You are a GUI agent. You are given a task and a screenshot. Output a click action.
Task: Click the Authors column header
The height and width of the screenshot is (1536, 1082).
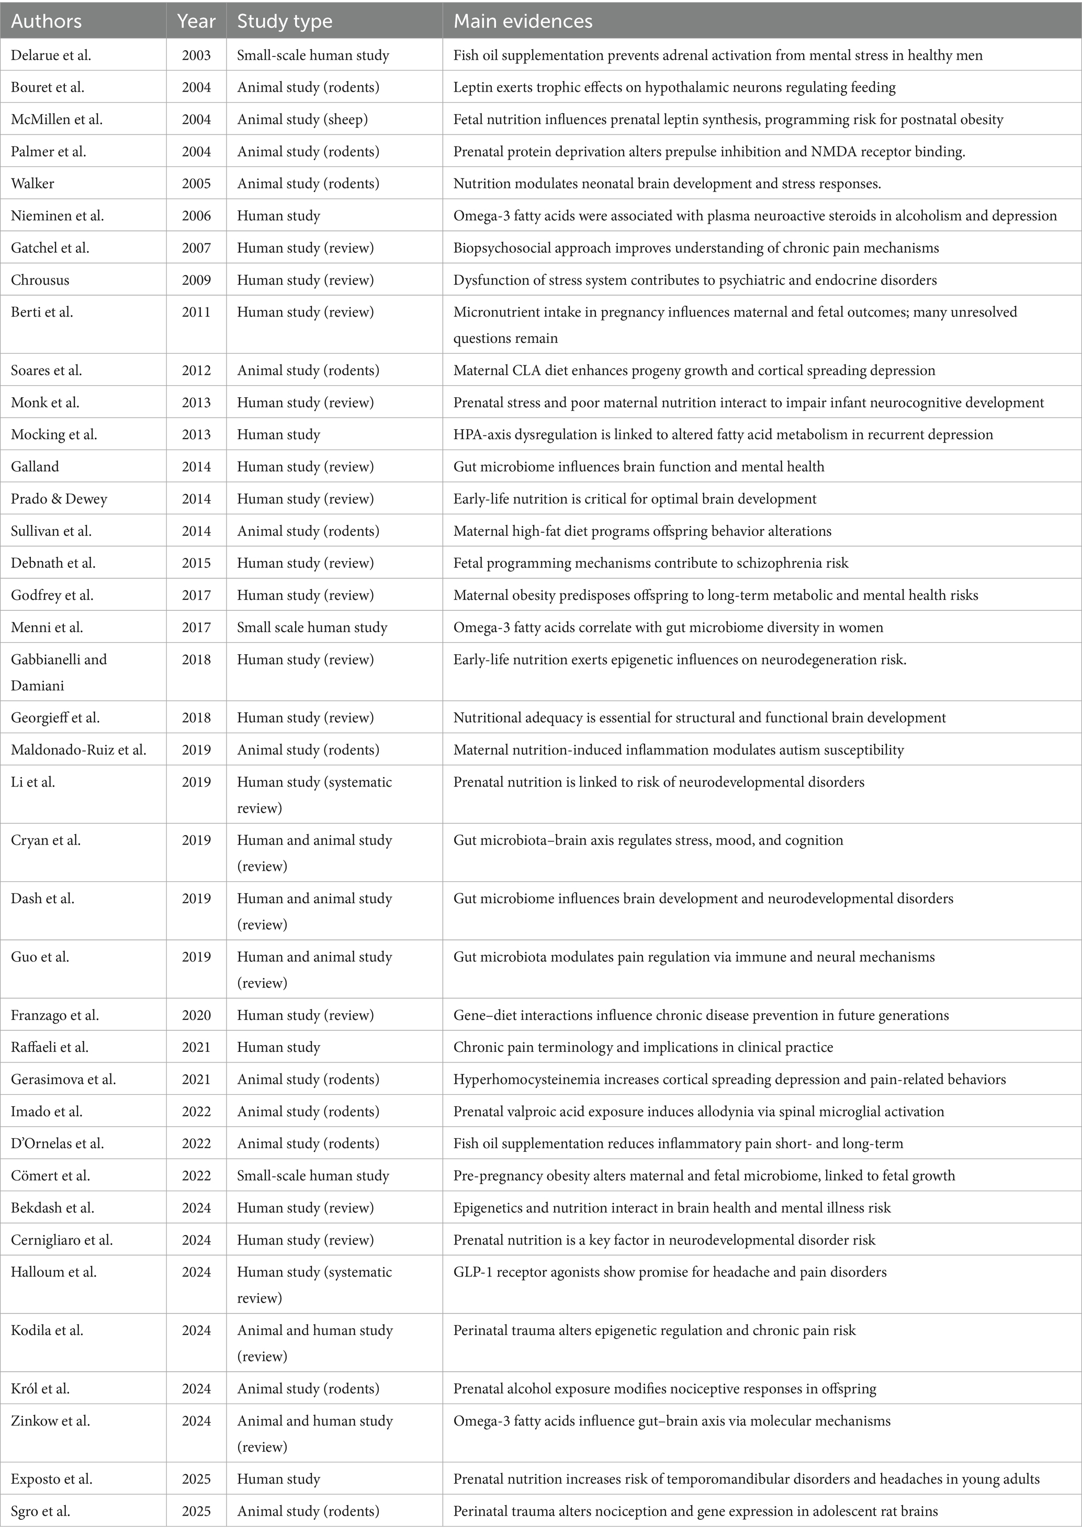coord(46,21)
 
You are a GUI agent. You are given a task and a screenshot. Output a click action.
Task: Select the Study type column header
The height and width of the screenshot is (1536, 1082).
coord(284,21)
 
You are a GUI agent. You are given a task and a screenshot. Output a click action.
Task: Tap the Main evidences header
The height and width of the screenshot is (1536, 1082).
coord(522,21)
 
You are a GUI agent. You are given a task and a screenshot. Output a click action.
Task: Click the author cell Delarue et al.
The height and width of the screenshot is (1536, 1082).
coord(51,55)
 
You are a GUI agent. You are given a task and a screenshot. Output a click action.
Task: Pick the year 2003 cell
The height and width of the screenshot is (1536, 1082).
coord(196,55)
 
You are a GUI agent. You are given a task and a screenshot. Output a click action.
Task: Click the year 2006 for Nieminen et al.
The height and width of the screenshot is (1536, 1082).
coord(196,216)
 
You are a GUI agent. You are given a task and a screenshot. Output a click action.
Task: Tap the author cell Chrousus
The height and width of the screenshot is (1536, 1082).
coord(40,279)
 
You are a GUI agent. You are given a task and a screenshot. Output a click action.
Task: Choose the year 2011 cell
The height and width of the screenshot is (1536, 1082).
coord(196,312)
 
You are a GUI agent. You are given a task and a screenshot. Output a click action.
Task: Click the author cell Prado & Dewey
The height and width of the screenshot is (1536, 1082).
coord(59,498)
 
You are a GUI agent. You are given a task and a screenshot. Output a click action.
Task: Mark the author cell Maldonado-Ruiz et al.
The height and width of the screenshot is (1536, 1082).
coord(78,749)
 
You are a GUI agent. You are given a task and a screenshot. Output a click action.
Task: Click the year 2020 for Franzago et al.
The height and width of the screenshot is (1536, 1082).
coord(196,1015)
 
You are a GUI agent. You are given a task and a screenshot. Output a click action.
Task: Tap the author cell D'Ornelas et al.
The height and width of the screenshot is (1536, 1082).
coord(58,1143)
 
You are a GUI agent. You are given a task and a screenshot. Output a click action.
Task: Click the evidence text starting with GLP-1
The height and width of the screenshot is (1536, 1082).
coord(669,1271)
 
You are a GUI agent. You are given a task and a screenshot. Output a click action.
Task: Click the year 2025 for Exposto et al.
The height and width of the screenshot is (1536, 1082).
coord(196,1478)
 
